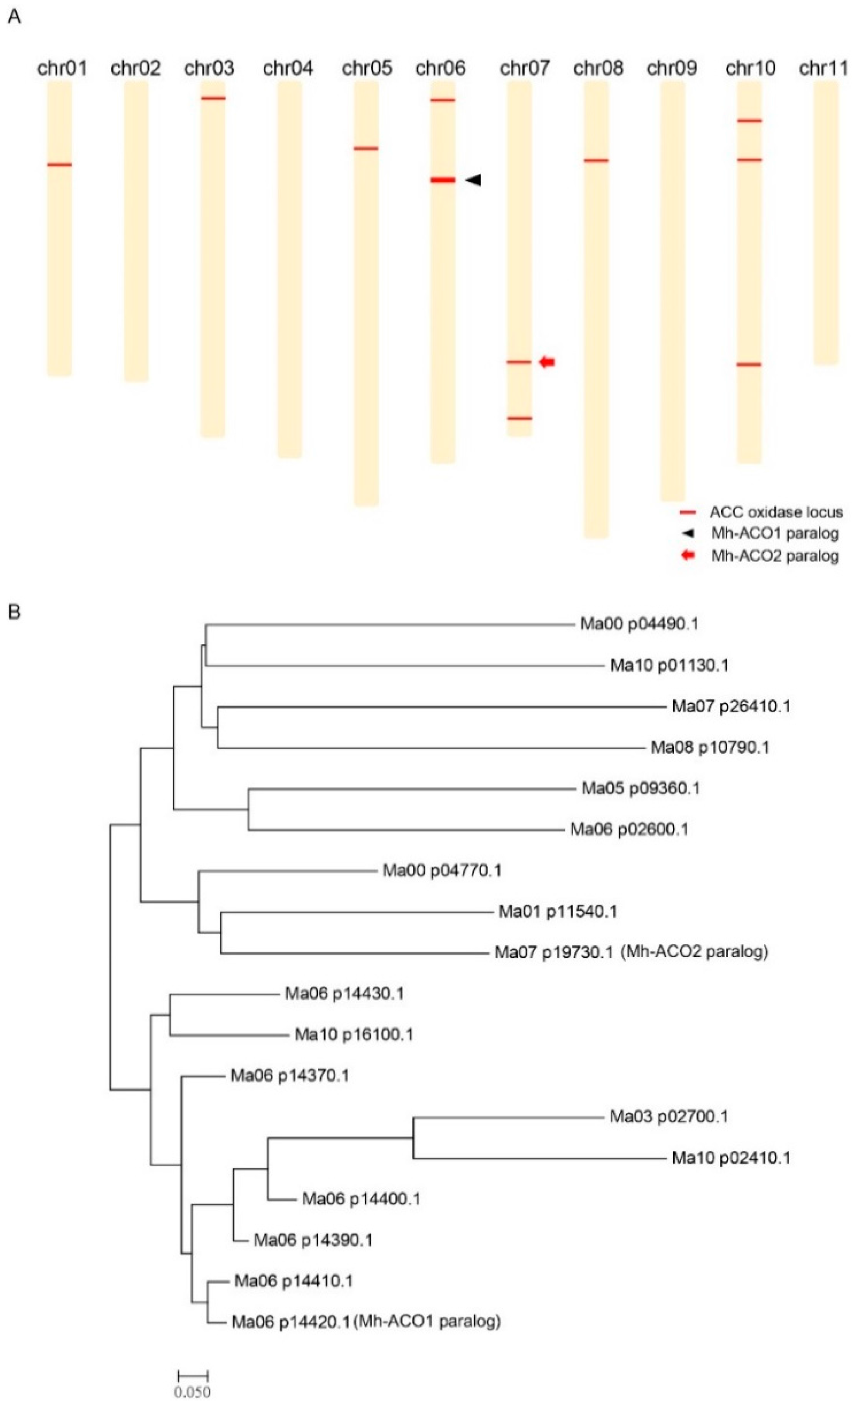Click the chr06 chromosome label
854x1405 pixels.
440,68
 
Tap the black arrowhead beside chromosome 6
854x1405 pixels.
474,180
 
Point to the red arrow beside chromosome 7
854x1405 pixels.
547,362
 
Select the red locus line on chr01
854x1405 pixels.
59,165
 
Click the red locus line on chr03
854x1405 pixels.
213,98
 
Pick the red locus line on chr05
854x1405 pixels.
366,149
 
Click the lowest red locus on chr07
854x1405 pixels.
520,418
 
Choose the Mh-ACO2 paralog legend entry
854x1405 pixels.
775,556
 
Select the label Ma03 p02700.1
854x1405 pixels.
669,1117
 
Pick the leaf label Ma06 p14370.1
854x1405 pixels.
290,1075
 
